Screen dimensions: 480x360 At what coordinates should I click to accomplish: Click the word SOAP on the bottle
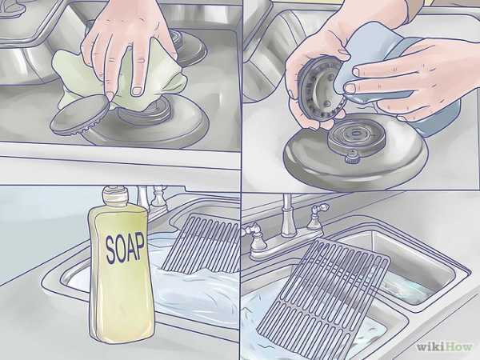tap(125, 247)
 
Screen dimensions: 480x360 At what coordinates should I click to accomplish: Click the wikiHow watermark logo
tap(444, 347)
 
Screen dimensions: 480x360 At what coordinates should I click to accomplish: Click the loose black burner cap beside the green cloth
tap(79, 114)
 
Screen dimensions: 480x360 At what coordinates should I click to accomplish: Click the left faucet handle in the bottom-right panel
tap(256, 238)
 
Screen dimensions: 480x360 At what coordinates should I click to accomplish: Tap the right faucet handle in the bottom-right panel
tap(317, 216)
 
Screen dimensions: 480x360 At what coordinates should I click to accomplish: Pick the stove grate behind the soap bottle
tap(201, 245)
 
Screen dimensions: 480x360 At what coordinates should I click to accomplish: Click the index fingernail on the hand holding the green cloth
tap(137, 90)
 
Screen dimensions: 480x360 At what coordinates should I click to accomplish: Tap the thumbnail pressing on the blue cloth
tap(350, 89)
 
